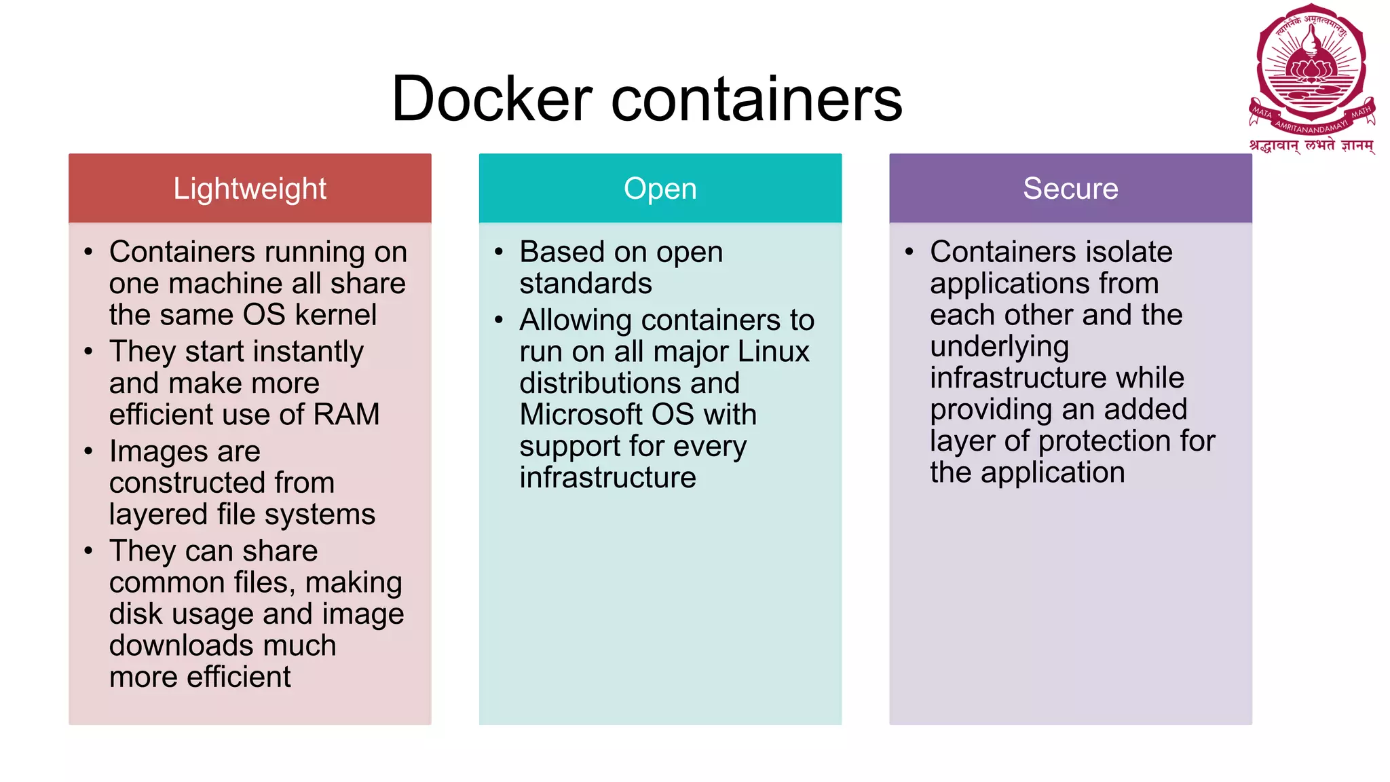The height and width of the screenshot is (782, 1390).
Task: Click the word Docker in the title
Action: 492,100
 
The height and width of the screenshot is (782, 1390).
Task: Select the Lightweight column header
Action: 250,189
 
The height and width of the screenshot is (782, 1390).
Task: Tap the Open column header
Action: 660,189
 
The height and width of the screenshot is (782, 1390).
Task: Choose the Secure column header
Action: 1070,189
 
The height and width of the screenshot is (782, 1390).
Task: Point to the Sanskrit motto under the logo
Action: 1311,145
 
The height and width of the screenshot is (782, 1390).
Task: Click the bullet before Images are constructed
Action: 88,451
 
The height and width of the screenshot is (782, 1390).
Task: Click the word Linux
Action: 773,352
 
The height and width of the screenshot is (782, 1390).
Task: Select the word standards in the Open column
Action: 585,284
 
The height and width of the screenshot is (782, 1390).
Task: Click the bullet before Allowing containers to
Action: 499,320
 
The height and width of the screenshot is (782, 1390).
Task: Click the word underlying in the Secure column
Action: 999,347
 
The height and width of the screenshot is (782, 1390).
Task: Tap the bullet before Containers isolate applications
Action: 909,252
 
